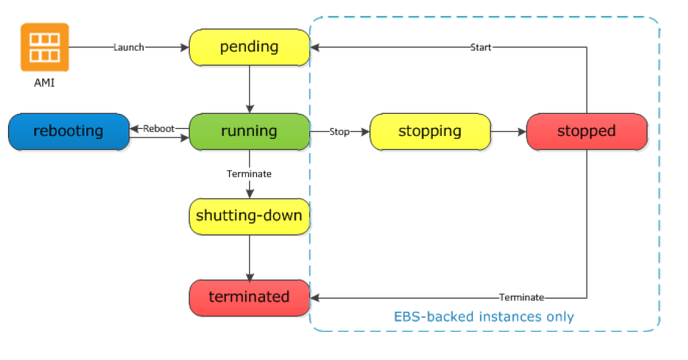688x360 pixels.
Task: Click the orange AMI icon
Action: click(x=45, y=47)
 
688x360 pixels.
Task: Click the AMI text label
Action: click(x=44, y=83)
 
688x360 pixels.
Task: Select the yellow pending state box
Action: click(x=249, y=47)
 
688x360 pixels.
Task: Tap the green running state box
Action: click(x=249, y=132)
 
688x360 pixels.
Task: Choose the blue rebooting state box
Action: click(x=69, y=132)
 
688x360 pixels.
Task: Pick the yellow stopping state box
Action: click(x=430, y=132)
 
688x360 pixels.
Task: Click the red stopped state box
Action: click(x=586, y=132)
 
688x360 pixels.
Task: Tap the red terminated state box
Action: click(x=249, y=298)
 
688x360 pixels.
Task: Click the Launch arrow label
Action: click(x=129, y=47)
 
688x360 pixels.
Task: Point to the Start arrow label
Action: click(x=481, y=47)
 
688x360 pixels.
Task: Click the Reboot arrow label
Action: click(x=159, y=129)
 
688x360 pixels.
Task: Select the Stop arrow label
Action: click(x=339, y=132)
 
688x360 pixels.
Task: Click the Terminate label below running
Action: click(x=249, y=174)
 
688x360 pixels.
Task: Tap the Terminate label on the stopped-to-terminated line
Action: click(x=522, y=298)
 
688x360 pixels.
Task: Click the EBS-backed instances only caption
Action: click(x=484, y=317)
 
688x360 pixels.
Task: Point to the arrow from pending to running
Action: click(x=250, y=89)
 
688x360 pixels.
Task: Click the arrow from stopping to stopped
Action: click(x=509, y=132)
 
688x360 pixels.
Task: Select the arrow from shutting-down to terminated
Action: click(x=250, y=257)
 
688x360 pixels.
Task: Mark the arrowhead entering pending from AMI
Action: click(x=185, y=47)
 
